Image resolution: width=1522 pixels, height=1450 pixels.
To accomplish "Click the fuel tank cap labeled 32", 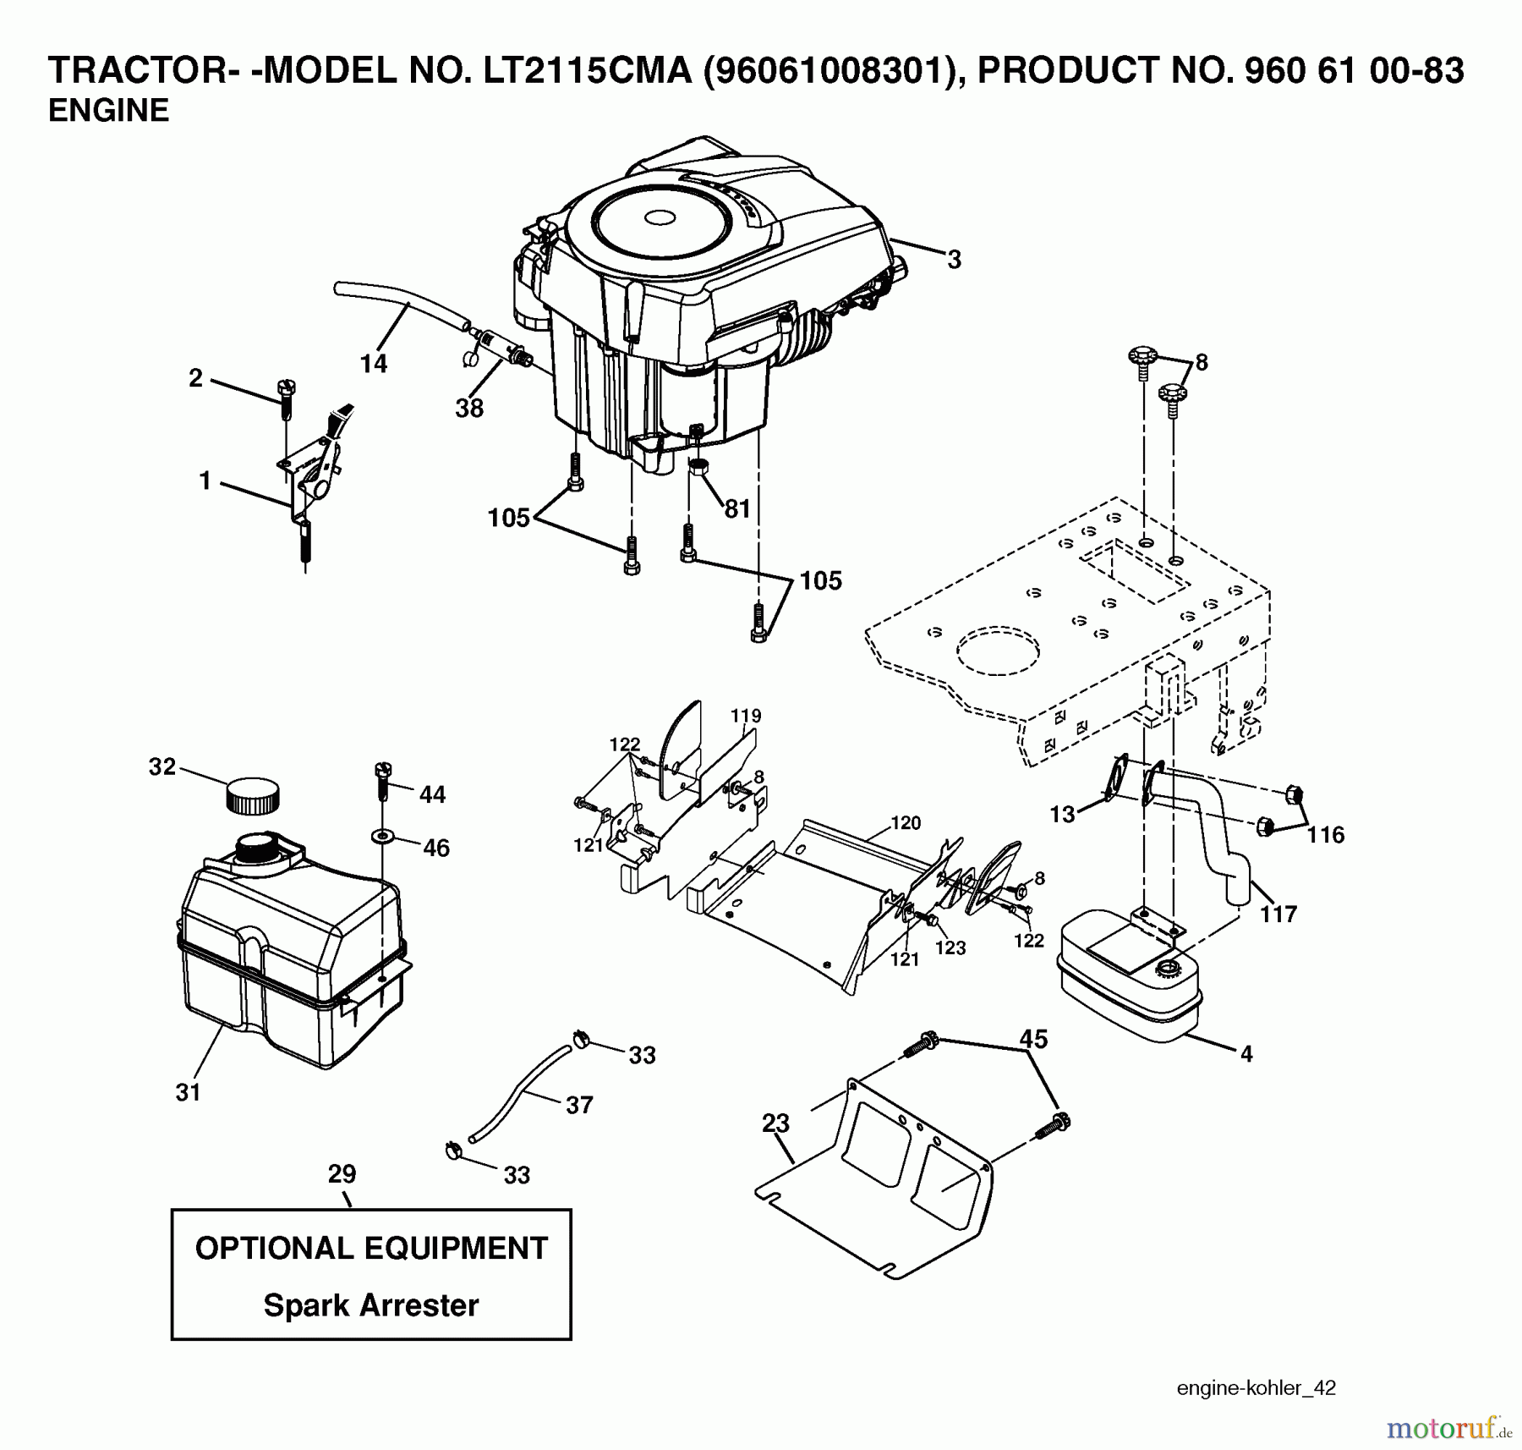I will point(253,796).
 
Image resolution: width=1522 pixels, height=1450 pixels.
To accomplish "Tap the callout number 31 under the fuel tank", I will point(188,1092).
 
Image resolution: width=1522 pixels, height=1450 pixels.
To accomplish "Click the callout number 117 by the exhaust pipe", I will point(1278,914).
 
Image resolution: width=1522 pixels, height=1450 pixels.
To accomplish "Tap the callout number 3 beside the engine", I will point(954,260).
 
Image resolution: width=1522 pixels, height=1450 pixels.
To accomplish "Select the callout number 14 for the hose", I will point(373,364).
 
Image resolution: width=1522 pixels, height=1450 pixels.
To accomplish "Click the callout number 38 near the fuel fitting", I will point(469,408).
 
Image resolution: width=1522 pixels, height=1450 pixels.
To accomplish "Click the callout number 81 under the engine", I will point(737,508).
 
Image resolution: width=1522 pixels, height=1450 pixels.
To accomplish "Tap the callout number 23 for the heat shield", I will point(775,1123).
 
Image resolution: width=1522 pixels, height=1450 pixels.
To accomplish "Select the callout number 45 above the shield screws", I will point(1033,1039).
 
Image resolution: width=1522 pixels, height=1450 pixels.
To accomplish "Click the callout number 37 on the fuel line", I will point(579,1105).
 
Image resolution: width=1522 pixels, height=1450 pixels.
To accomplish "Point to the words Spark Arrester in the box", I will point(371,1305).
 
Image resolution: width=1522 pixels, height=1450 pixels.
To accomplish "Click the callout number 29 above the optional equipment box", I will point(342,1174).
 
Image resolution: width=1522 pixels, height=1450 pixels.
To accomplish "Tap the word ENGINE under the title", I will point(108,111).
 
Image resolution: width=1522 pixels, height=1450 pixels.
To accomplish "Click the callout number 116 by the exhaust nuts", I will point(1325,835).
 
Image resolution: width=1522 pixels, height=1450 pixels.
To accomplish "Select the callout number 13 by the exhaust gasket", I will point(1062,814).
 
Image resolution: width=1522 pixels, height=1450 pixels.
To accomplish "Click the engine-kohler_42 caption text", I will point(1256,1388).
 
